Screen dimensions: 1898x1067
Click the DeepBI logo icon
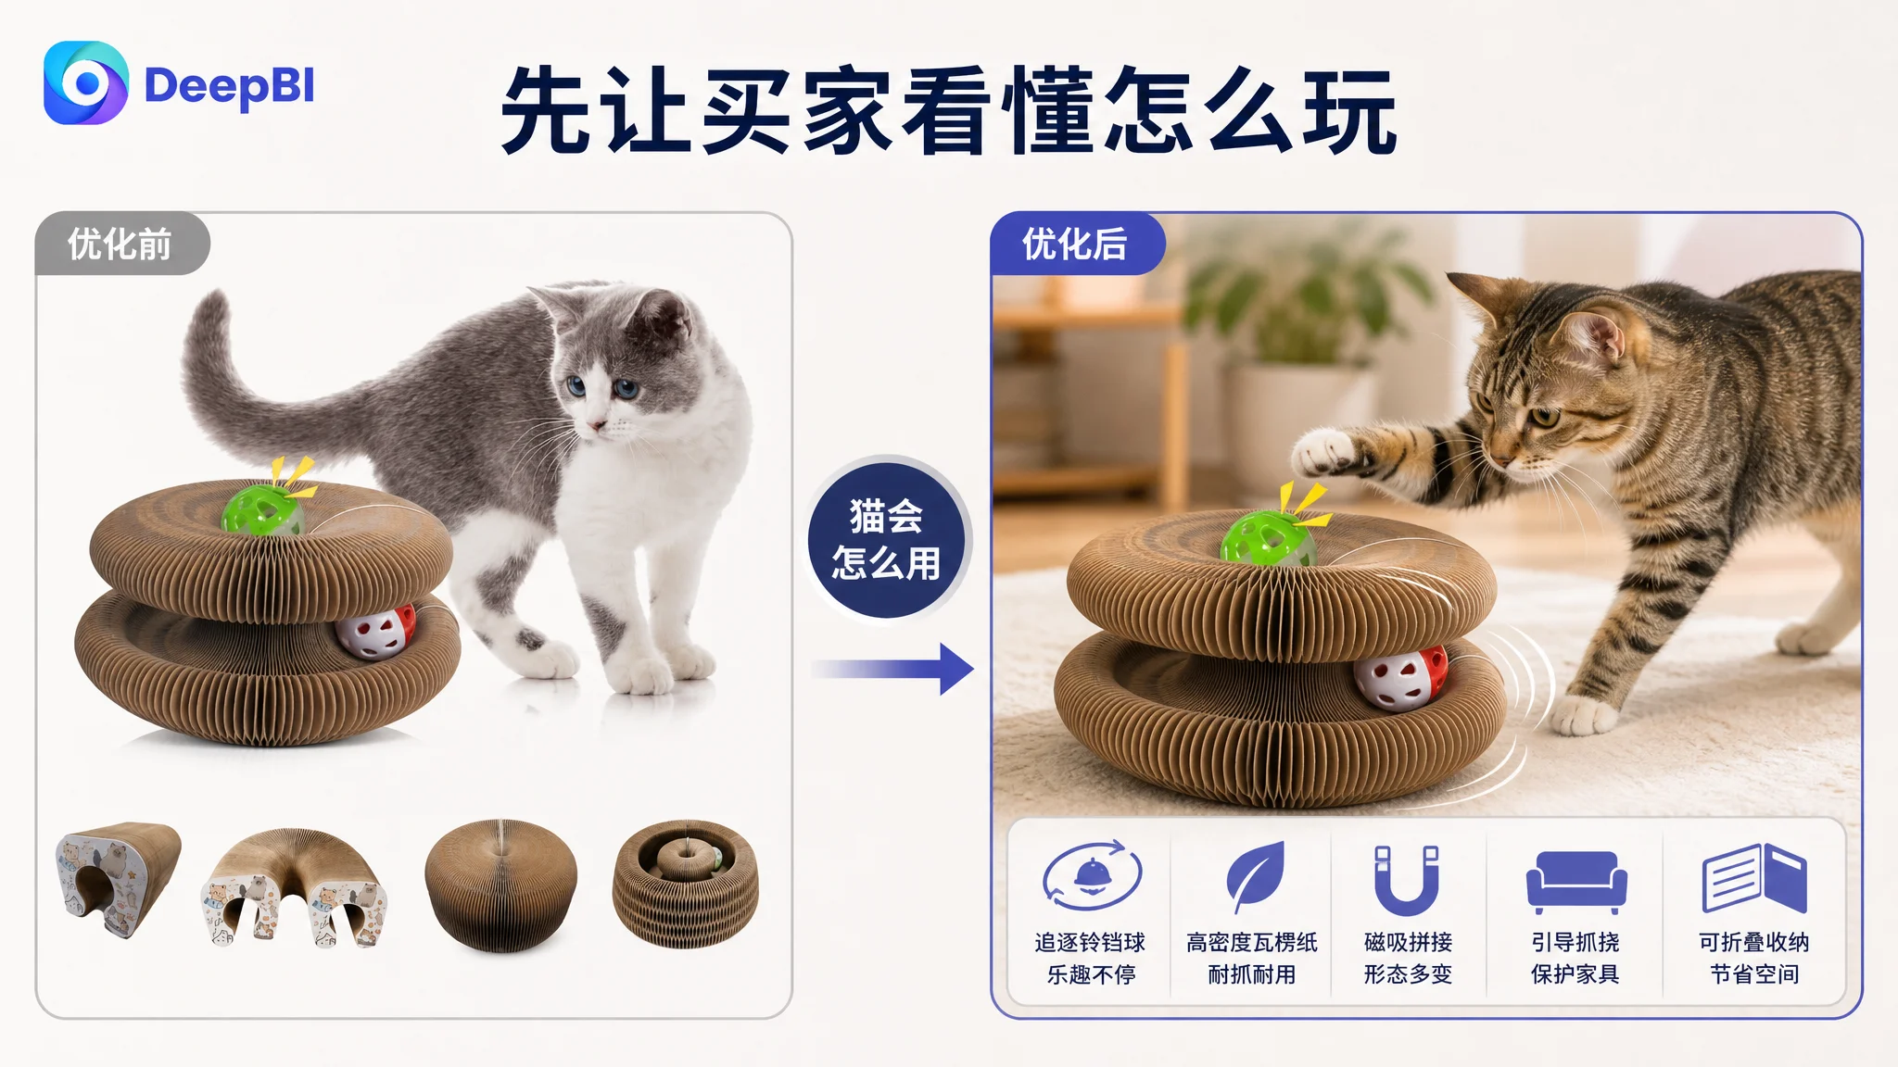tap(86, 82)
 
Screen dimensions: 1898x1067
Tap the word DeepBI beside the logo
tap(230, 87)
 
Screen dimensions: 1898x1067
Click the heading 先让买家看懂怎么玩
tap(949, 111)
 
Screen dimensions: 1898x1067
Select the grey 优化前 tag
tap(121, 245)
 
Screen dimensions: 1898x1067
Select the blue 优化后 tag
tap(1076, 245)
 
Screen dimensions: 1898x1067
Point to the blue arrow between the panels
tap(893, 669)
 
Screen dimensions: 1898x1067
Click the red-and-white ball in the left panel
tap(375, 631)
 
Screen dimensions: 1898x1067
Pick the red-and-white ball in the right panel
tap(1400, 678)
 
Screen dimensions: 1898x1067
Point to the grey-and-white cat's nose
tap(598, 426)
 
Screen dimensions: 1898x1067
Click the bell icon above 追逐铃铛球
tap(1092, 875)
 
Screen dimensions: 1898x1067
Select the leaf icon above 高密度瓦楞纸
tap(1256, 876)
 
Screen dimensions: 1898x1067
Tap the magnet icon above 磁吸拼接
tap(1407, 880)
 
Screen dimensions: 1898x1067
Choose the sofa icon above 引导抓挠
tap(1576, 882)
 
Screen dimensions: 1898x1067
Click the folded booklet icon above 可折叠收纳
tap(1754, 878)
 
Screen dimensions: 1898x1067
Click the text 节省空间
tap(1754, 974)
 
